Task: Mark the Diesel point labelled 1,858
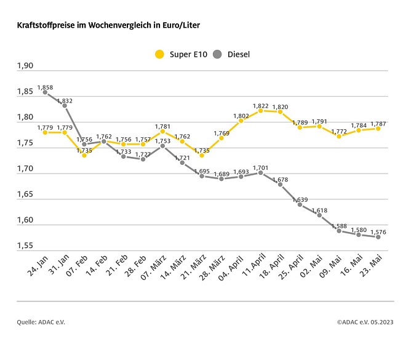click(x=45, y=93)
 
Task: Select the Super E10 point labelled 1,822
click(x=261, y=111)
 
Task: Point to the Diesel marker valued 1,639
click(x=300, y=204)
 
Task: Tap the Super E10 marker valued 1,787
click(x=378, y=129)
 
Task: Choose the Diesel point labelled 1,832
click(x=65, y=106)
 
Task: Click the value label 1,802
click(x=241, y=115)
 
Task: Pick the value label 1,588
click(x=339, y=225)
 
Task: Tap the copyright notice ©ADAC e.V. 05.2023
click(x=365, y=322)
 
